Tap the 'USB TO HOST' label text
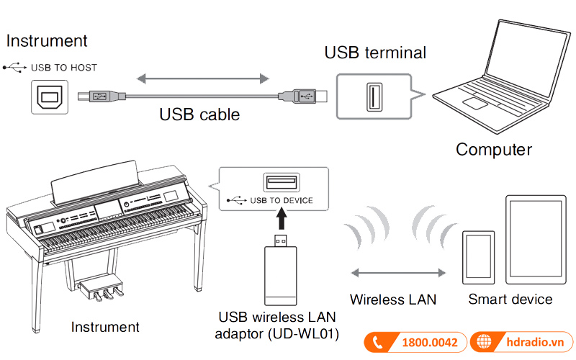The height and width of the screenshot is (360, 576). (63, 68)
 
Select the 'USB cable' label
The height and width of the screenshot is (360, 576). (199, 114)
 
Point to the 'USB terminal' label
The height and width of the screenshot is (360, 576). (375, 53)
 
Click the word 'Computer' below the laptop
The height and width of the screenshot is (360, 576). (493, 150)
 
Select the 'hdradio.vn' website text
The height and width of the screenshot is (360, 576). (532, 343)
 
